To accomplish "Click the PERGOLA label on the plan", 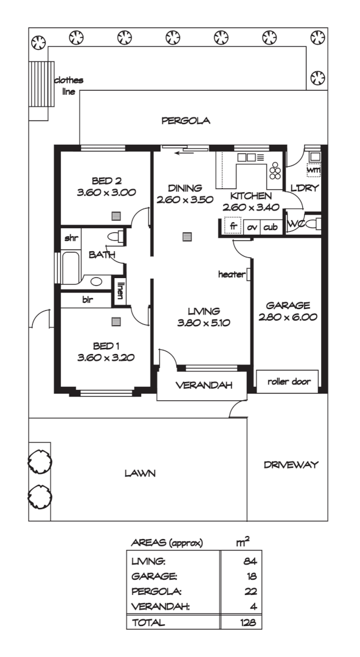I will click(x=185, y=120).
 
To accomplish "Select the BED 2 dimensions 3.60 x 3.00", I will click(x=106, y=192).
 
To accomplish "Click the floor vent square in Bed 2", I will click(x=116, y=215).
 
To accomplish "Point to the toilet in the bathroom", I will click(x=114, y=236).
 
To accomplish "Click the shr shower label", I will click(x=71, y=237).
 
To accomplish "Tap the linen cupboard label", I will click(x=120, y=291).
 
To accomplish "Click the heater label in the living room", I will click(x=231, y=275).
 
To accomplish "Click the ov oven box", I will click(x=252, y=226).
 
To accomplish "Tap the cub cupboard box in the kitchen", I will click(x=271, y=226).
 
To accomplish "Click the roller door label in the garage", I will click(x=289, y=382).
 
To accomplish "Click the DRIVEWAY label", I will click(x=291, y=465).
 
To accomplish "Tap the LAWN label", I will click(x=140, y=473).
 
